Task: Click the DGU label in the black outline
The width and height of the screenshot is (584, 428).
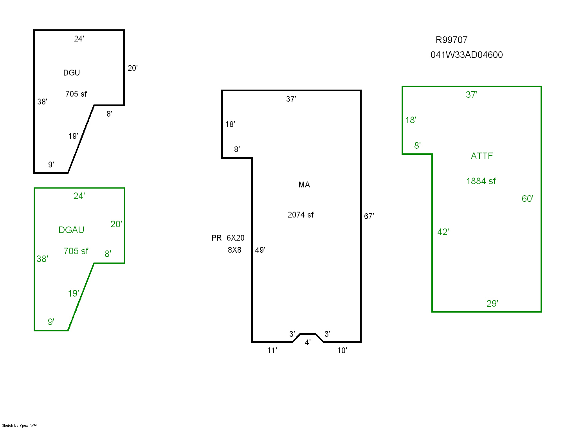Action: coord(72,73)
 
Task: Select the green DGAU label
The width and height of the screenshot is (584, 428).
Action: coord(71,230)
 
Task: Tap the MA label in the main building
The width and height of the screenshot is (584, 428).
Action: coord(304,185)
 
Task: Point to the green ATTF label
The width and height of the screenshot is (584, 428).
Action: coord(481,156)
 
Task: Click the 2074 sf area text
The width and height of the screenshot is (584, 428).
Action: coord(301,215)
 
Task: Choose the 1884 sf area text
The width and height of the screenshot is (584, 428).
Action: coord(481,181)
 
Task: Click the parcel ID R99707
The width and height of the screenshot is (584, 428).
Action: coord(451,40)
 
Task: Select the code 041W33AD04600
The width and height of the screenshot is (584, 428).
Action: coord(467,55)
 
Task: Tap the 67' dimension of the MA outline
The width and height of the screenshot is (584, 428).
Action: coord(369,216)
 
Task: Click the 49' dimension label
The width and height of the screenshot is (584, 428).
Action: coord(260,250)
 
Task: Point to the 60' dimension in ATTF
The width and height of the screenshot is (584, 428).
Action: coord(527,199)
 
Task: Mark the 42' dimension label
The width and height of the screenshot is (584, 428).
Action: coord(443,232)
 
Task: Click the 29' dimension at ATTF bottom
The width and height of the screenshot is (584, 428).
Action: coord(492,304)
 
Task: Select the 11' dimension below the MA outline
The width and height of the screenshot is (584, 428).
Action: coord(272,351)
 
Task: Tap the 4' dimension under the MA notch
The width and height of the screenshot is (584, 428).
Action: coord(308,342)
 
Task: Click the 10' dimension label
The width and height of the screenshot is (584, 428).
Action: coord(342,351)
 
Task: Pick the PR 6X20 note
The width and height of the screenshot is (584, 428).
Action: coord(228,238)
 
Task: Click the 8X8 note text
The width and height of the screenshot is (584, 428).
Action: coord(234,250)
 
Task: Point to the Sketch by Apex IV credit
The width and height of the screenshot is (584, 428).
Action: coord(19,425)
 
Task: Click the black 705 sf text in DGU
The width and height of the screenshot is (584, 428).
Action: coord(76,94)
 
